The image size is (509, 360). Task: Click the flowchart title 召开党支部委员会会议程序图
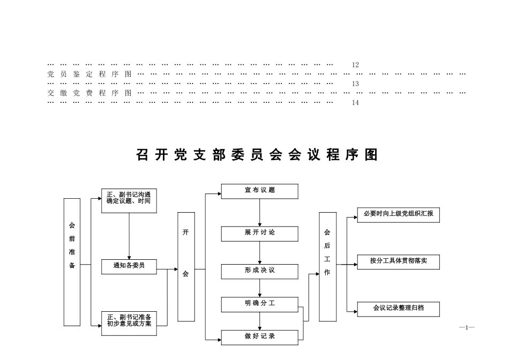pos(257,155)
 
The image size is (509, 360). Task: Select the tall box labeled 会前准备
pos(72,262)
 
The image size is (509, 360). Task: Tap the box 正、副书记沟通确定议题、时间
pos(129,201)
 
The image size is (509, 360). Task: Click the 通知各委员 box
pos(129,266)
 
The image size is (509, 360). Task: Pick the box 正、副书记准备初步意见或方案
pos(129,323)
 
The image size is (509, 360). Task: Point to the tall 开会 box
pos(186,267)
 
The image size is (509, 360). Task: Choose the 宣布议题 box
pos(260,191)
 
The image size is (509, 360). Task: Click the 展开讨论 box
pos(260,233)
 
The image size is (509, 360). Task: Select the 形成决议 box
pos(260,271)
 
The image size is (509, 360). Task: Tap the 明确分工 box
pos(260,304)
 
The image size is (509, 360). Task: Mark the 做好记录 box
pos(260,337)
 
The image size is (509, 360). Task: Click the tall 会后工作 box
pos(327,267)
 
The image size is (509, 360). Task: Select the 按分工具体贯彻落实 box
pos(398,262)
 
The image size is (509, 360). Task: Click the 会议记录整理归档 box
pos(398,309)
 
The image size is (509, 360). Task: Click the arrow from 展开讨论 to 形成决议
pos(260,252)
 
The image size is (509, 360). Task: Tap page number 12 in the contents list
pos(355,65)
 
